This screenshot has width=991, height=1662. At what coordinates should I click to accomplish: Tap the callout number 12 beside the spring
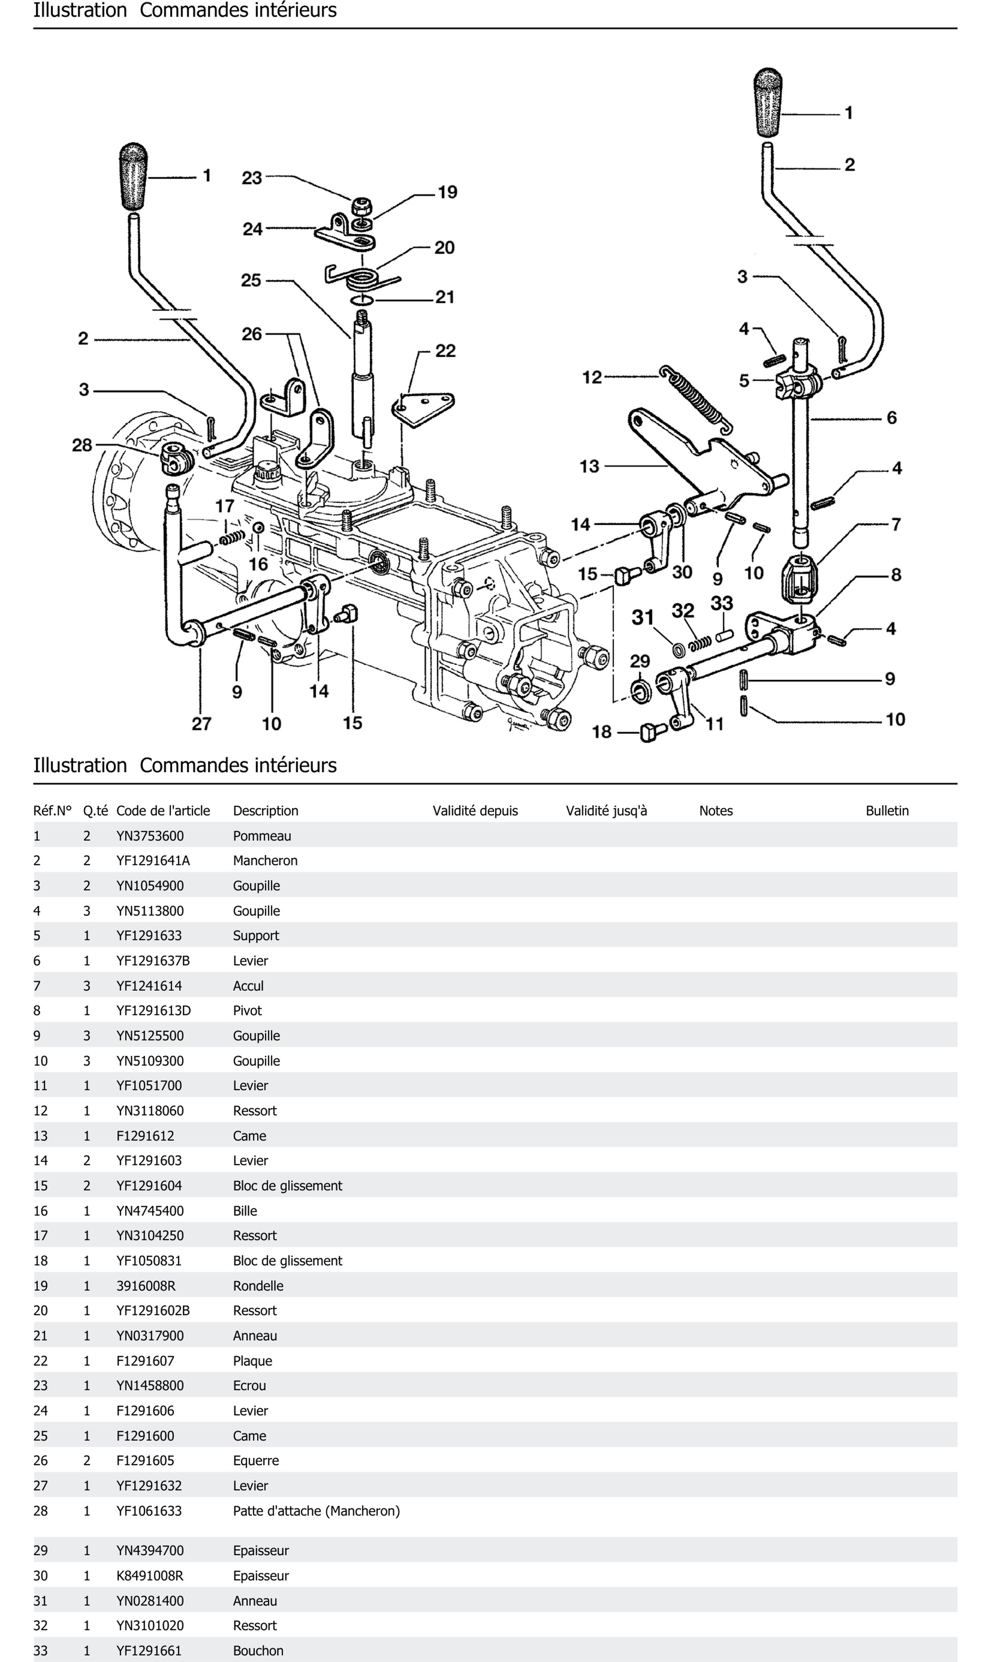coord(592,378)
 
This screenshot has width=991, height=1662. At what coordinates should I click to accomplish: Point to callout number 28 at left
coord(82,445)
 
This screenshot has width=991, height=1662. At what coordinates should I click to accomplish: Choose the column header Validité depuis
coord(475,811)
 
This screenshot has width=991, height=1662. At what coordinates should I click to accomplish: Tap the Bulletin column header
coord(887,811)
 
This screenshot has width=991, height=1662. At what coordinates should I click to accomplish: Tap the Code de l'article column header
coord(163,811)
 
